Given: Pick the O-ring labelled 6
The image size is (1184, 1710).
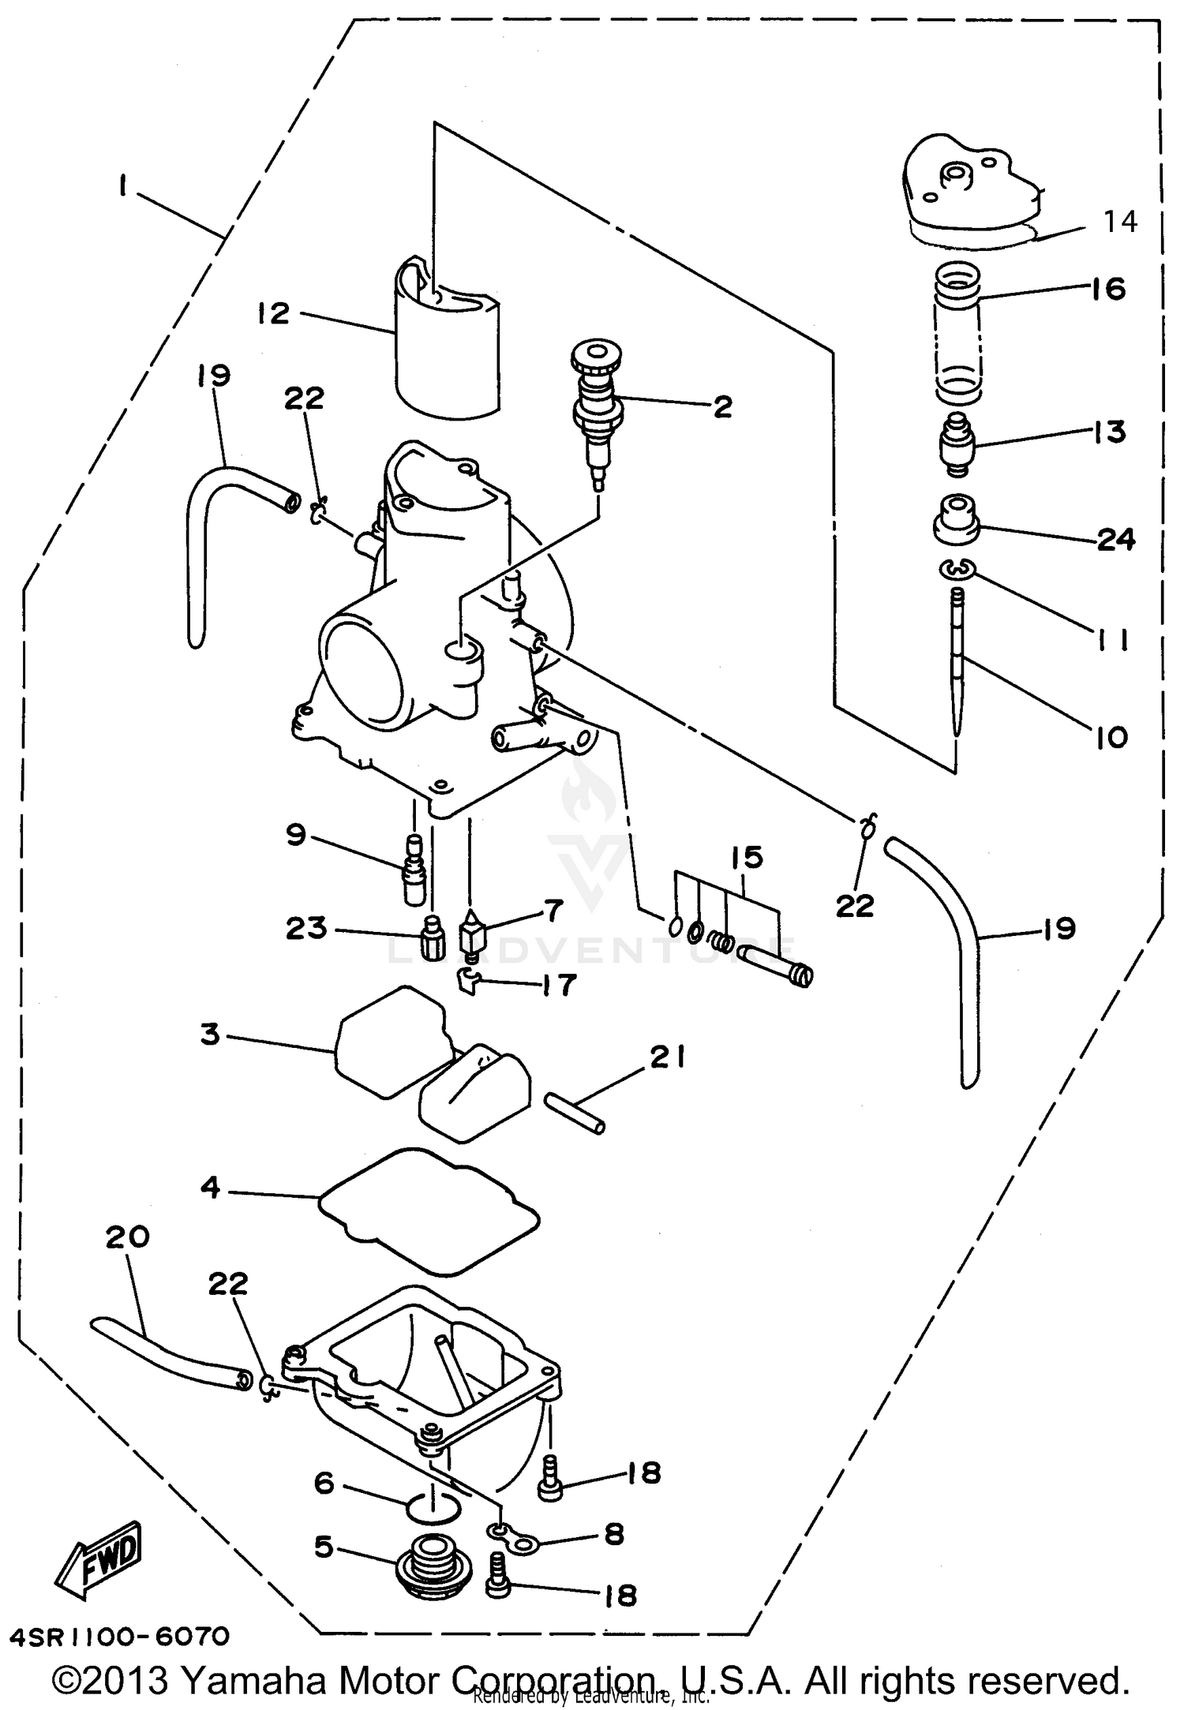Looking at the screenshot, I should pyautogui.click(x=433, y=1508).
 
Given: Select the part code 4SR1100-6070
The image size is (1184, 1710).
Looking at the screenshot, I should pyautogui.click(x=120, y=1636).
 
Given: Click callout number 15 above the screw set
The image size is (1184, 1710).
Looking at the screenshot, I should pyautogui.click(x=747, y=857).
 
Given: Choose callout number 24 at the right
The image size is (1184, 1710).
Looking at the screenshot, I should pyautogui.click(x=1115, y=540).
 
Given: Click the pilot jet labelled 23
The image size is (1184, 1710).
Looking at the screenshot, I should pyautogui.click(x=430, y=935).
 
